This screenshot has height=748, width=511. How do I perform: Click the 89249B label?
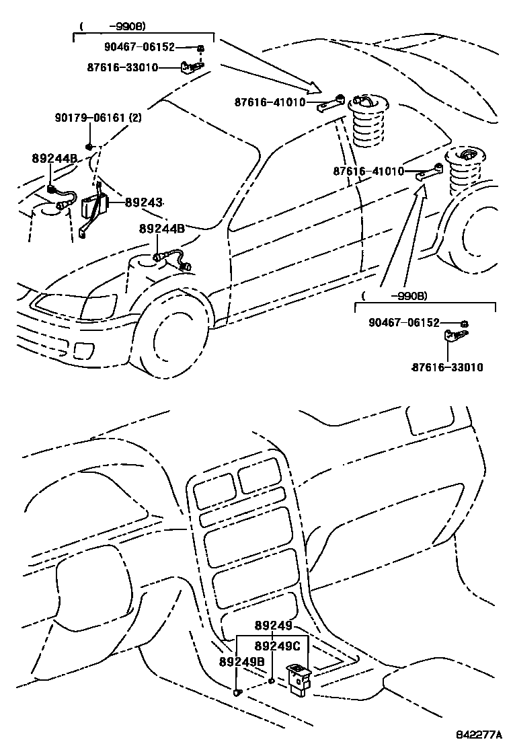pyautogui.click(x=241, y=662)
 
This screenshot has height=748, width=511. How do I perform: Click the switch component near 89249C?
pyautogui.click(x=298, y=675)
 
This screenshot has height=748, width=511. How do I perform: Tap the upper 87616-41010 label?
pyautogui.click(x=270, y=103)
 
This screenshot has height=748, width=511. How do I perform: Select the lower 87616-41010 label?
pyautogui.click(x=368, y=172)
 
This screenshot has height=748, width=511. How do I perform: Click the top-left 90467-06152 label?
pyautogui.click(x=139, y=47)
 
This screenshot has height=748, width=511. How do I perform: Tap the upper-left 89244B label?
pyautogui.click(x=54, y=159)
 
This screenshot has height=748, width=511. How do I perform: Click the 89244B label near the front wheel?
pyautogui.click(x=161, y=229)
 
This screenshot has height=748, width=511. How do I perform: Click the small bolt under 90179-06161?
pyautogui.click(x=89, y=146)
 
